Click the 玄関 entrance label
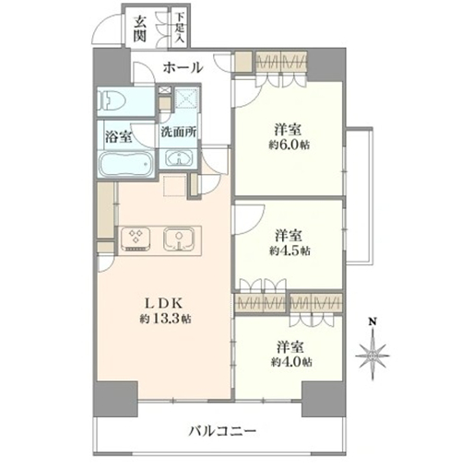(139, 29)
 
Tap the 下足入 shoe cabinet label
(180, 28)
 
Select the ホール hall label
(183, 67)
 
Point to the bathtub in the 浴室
(126, 164)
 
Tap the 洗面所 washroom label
(179, 132)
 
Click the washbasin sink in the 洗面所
(179, 158)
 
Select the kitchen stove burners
(135, 239)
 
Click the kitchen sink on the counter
(179, 239)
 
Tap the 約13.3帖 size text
(165, 319)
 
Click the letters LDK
(164, 304)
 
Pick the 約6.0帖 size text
(290, 145)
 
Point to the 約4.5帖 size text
(290, 250)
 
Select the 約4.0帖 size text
(291, 362)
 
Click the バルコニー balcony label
(222, 431)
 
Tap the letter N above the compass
(372, 322)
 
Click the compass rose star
(372, 355)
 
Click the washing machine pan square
(186, 99)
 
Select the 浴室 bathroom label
(119, 137)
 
